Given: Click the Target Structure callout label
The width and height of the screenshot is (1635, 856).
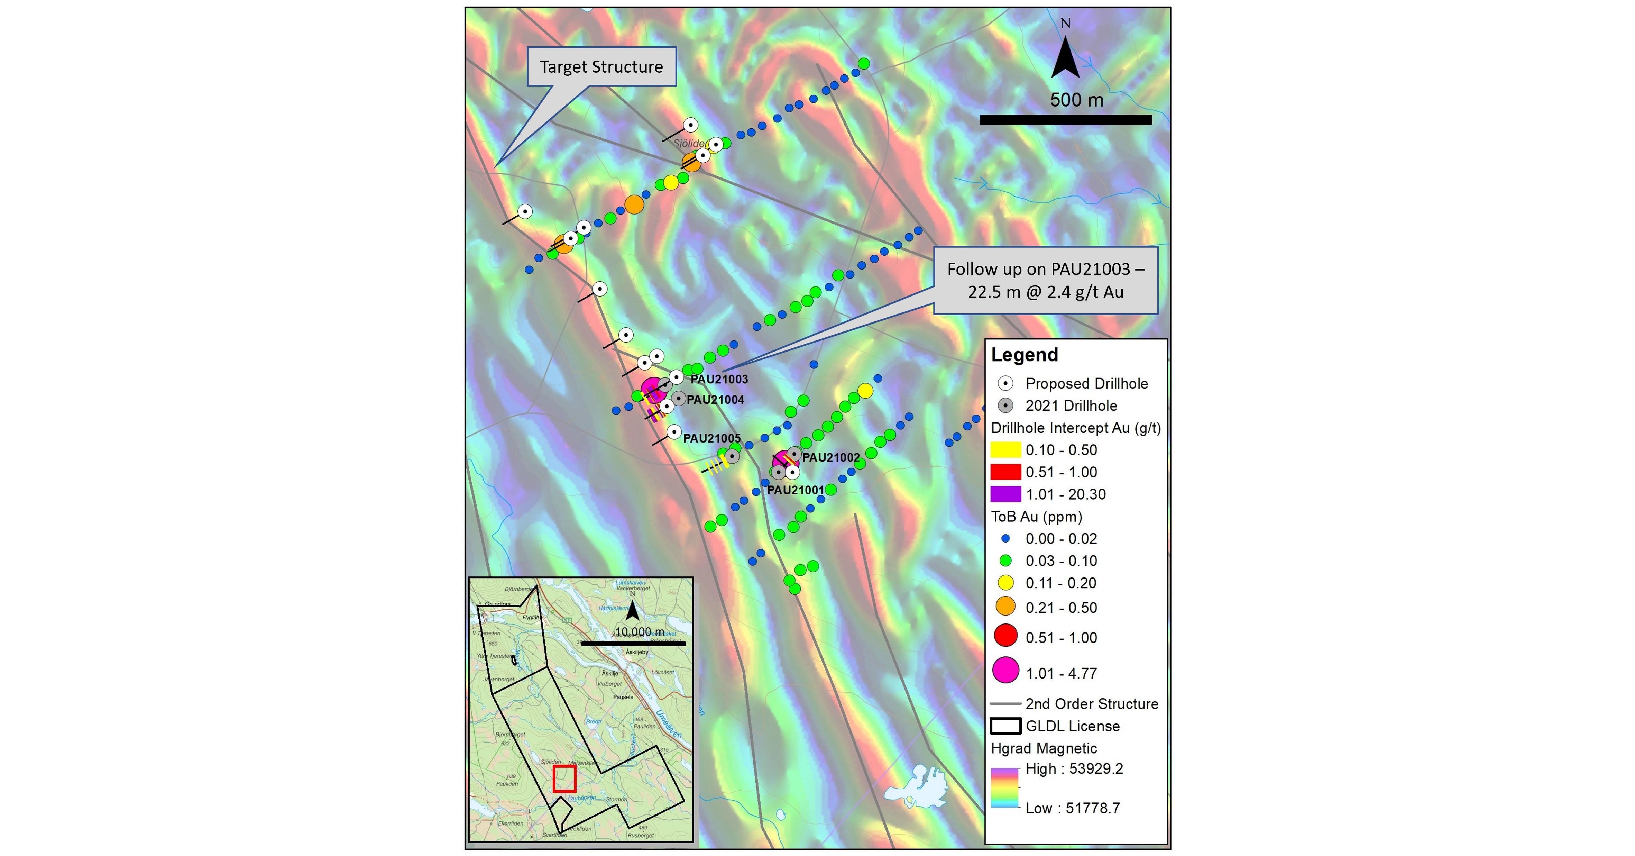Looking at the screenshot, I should click(x=601, y=67).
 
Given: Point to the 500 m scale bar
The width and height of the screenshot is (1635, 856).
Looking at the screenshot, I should click(x=1066, y=119).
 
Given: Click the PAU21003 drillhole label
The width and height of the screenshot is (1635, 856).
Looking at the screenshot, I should click(x=719, y=379).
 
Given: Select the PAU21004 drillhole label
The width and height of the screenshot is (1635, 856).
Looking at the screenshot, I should click(x=715, y=399).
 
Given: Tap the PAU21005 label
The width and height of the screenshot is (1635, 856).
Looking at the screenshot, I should click(x=711, y=438).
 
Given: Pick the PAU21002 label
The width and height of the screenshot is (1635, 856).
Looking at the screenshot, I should click(x=831, y=457).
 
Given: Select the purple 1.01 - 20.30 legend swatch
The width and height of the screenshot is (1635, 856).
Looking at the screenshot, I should click(x=1005, y=494).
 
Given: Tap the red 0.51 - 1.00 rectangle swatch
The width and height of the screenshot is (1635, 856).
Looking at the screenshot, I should click(x=1005, y=472).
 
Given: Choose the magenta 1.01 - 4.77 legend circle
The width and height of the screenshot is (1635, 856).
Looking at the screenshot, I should click(x=1005, y=671).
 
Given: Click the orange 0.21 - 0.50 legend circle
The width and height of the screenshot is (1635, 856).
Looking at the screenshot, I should click(x=1005, y=607).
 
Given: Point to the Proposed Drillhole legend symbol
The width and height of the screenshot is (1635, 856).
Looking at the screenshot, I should click(x=1005, y=384).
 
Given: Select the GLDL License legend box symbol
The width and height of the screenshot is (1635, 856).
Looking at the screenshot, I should click(x=1005, y=726).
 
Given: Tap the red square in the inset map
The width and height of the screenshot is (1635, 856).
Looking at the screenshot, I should click(x=564, y=778).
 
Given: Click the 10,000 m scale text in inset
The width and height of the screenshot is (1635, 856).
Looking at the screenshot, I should click(x=640, y=632).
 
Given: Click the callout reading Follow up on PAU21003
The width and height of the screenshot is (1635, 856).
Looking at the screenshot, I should click(x=1045, y=280).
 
